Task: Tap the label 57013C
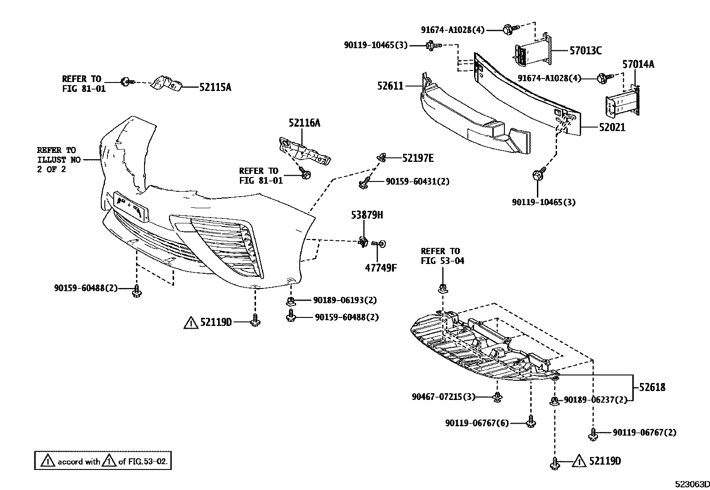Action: pyautogui.click(x=585, y=51)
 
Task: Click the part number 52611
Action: pyautogui.click(x=390, y=86)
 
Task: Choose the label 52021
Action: pyautogui.click(x=612, y=128)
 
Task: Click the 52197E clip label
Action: pyautogui.click(x=418, y=158)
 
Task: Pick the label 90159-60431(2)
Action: pyautogui.click(x=417, y=181)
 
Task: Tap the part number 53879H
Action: pyautogui.click(x=367, y=215)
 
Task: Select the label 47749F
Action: pyautogui.click(x=381, y=268)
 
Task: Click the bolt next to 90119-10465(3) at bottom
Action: pyautogui.click(x=537, y=174)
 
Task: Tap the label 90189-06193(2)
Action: pyautogui.click(x=345, y=300)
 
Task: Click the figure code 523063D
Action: pyautogui.click(x=691, y=485)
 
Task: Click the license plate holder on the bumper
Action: pyautogui.click(x=131, y=206)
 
